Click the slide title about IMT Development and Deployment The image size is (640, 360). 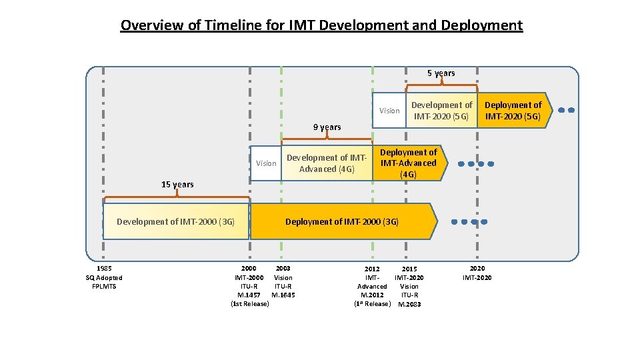[321, 26]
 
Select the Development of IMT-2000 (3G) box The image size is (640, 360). [176, 221]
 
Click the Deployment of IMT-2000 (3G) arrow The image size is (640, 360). [342, 221]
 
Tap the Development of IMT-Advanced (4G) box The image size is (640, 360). [327, 163]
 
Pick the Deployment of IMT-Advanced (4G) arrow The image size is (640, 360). [408, 163]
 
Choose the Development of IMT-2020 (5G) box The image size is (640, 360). [441, 111]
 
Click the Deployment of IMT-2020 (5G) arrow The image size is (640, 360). [513, 111]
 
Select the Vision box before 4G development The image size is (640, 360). [266, 163]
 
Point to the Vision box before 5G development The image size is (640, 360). [389, 111]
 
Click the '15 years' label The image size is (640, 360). [177, 185]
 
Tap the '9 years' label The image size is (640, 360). [327, 127]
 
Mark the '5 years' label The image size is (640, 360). [441, 73]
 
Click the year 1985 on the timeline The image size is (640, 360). [103, 268]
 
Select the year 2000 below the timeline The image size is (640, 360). [249, 268]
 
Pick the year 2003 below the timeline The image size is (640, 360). [283, 268]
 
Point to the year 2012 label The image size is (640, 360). [371, 269]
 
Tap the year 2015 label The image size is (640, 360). [409, 269]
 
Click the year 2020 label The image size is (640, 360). [477, 268]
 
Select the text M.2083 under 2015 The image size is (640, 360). [409, 305]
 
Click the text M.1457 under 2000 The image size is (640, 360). [249, 295]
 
